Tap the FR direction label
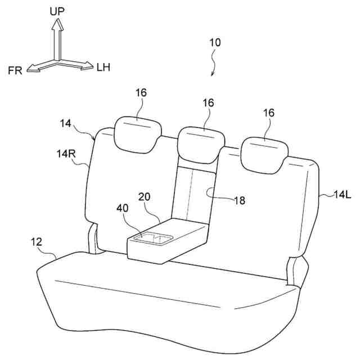pyautogui.click(x=15, y=70)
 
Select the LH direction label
pyautogui.click(x=103, y=68)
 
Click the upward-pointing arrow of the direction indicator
pyautogui.click(x=56, y=34)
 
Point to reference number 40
pyautogui.click(x=122, y=208)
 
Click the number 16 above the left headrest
pyautogui.click(x=141, y=92)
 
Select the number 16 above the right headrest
pyautogui.click(x=268, y=112)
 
